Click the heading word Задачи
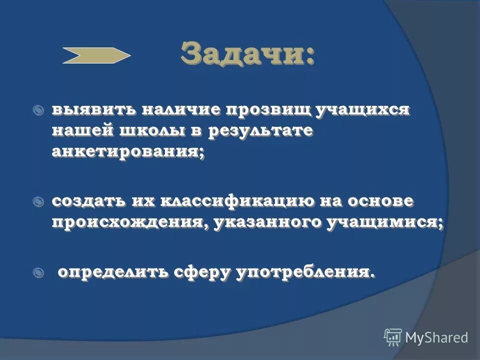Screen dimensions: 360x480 pyautogui.click(x=247, y=53)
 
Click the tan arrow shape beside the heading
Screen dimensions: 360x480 pyautogui.click(x=96, y=55)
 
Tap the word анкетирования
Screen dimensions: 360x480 pyautogui.click(x=127, y=152)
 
